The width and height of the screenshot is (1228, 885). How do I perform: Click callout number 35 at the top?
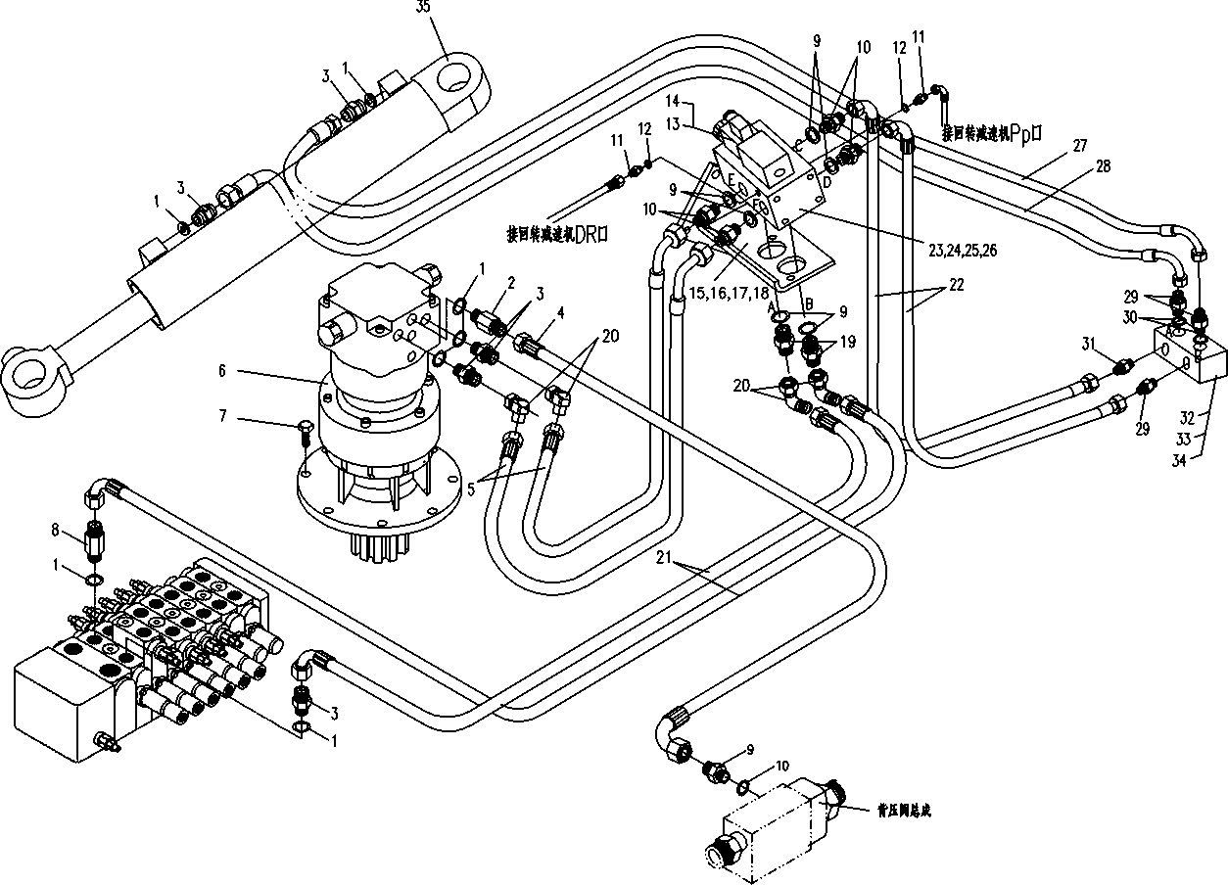click(423, 8)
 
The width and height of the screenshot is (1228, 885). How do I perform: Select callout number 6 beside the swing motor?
click(222, 370)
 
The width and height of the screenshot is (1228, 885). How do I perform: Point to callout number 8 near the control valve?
click(57, 532)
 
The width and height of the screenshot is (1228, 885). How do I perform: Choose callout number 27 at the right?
click(1079, 145)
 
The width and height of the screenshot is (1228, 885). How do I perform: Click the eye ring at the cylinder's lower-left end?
click(31, 375)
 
